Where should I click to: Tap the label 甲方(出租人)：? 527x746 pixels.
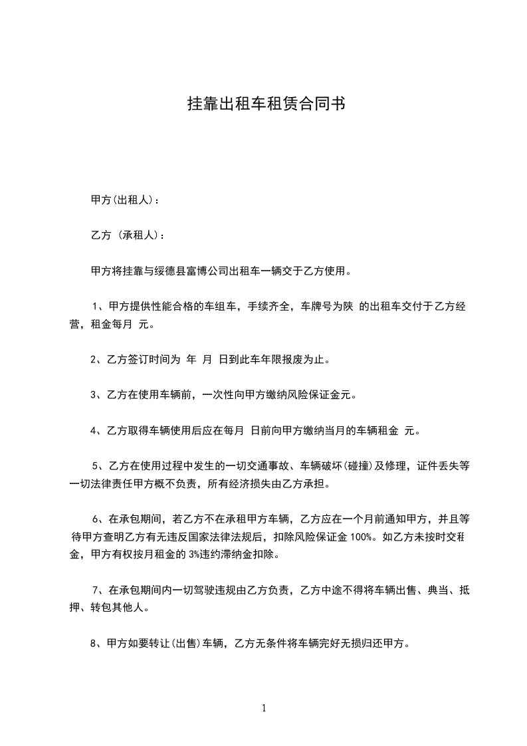pos(124,199)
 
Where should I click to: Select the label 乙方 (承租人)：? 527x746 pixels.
pos(126,235)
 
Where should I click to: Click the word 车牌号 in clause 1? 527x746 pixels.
pos(317,307)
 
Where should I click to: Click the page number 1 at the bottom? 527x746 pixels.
pos(264,709)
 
